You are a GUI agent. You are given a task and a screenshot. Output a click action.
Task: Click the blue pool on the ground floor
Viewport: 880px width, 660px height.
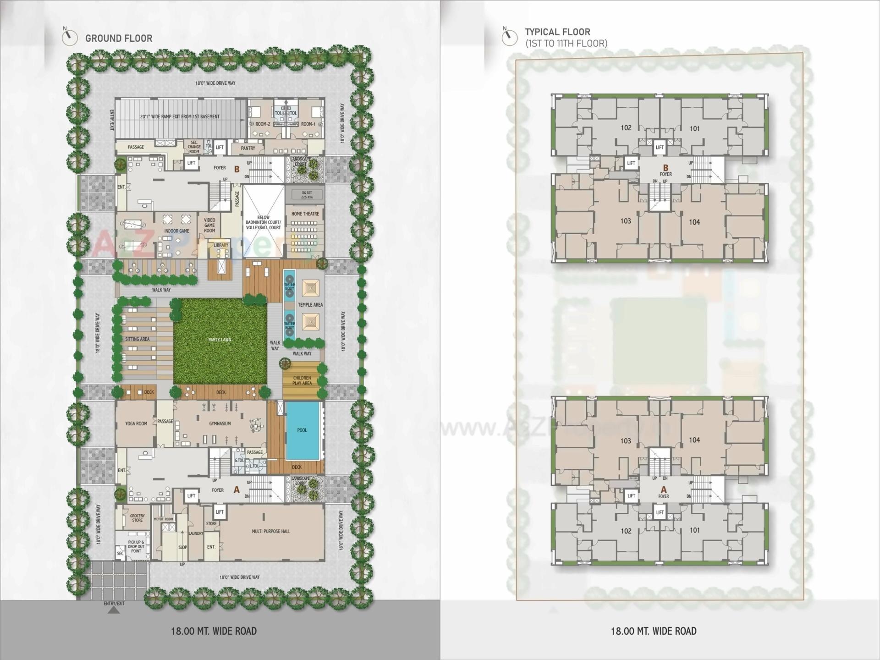click(x=302, y=430)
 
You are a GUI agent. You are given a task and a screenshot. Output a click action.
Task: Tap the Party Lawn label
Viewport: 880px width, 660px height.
click(x=220, y=340)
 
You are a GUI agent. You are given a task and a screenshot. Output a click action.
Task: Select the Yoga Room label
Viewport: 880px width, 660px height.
click(x=136, y=423)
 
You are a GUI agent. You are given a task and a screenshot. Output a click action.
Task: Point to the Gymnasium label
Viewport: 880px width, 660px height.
click(x=220, y=423)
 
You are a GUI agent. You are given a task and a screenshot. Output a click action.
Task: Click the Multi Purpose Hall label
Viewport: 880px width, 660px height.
click(x=271, y=531)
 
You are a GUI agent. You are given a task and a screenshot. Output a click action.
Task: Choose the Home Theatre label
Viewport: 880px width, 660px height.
click(x=305, y=214)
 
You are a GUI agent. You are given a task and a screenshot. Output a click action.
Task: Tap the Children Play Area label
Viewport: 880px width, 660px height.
click(x=302, y=380)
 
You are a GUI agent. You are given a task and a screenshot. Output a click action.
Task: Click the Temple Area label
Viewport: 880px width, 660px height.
click(x=310, y=305)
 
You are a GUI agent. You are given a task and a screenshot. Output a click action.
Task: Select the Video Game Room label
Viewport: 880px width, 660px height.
click(x=209, y=225)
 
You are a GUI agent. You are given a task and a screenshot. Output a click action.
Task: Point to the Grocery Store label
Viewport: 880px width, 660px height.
click(x=137, y=518)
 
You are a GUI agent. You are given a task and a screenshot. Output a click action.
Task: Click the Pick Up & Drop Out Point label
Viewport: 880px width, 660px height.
click(x=136, y=546)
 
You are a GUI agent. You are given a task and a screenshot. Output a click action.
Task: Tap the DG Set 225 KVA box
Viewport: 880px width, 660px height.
click(x=306, y=195)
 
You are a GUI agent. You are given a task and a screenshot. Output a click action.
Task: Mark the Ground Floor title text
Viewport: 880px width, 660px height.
click(x=119, y=38)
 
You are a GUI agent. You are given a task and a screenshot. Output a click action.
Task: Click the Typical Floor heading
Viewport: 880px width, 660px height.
click(x=557, y=32)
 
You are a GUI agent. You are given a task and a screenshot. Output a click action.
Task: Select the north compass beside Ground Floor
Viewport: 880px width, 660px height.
click(x=70, y=37)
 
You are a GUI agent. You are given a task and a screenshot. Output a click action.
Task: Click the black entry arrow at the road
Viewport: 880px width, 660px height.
click(x=114, y=610)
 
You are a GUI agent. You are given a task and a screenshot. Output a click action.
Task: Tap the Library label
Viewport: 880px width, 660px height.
click(x=221, y=245)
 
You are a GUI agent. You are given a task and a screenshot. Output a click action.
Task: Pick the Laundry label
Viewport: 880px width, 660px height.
click(x=196, y=533)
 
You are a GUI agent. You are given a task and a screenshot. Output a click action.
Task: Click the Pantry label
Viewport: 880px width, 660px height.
click(x=248, y=148)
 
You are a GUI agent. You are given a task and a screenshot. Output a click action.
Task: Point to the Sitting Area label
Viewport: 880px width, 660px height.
click(x=137, y=339)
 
